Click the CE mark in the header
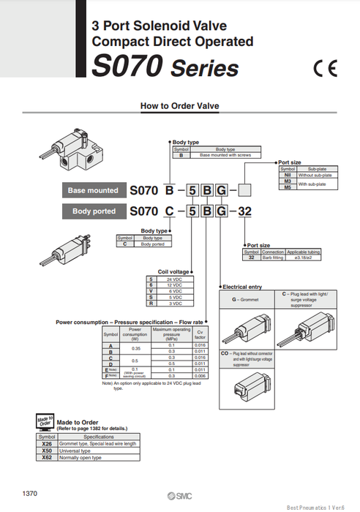tap(327, 69)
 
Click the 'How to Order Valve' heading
tap(179, 106)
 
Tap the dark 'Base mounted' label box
tap(93, 190)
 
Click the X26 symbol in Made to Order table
tap(48, 444)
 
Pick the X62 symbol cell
tap(48, 458)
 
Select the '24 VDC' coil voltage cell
tap(174, 280)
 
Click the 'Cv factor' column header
tap(200, 334)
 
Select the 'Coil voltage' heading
tap(173, 272)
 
